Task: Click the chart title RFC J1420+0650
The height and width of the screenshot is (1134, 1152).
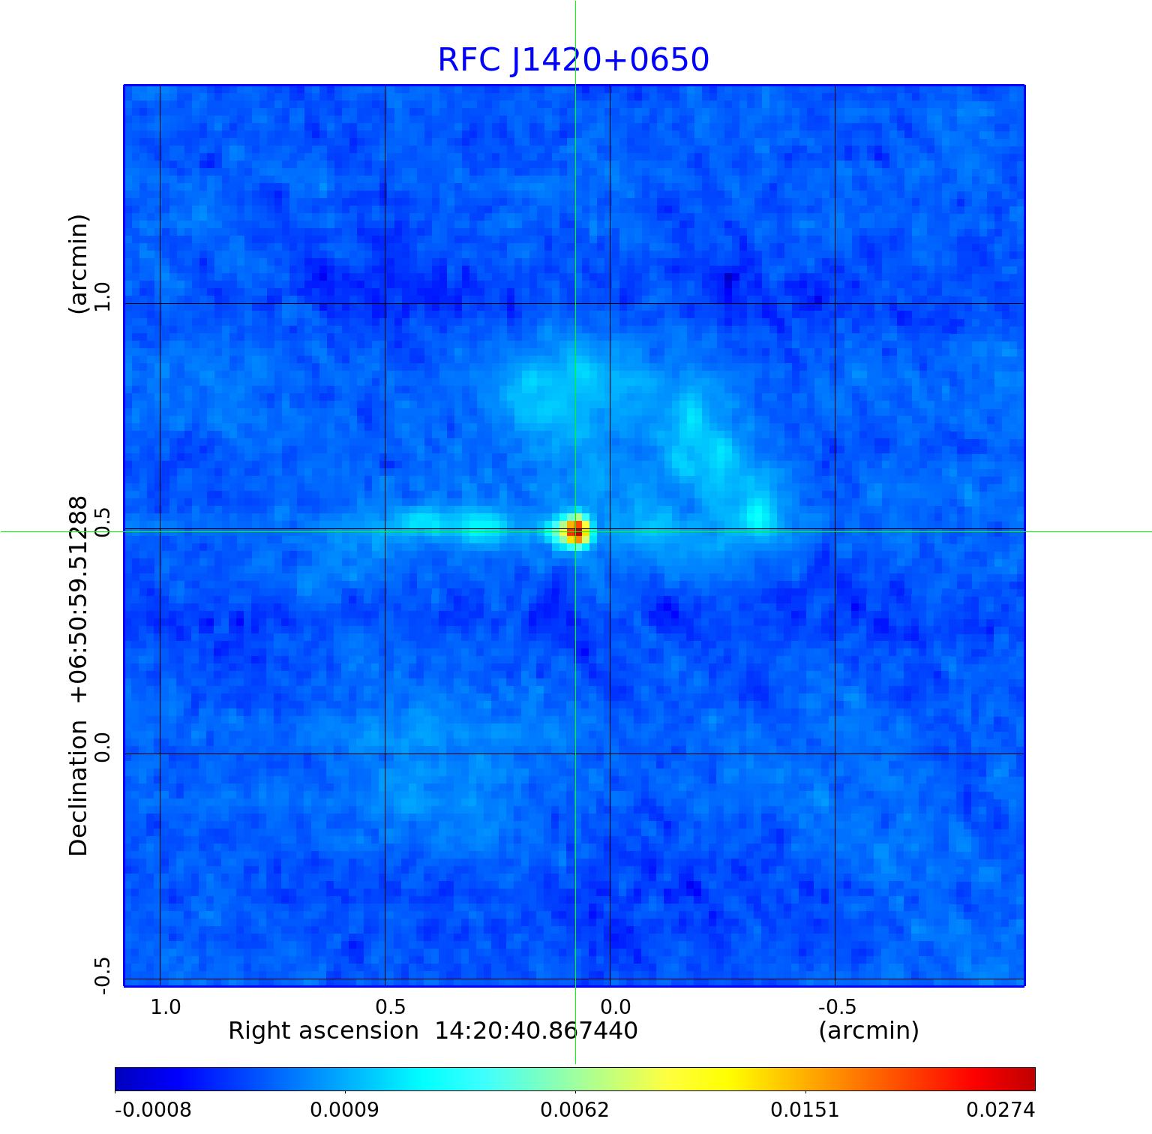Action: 573,60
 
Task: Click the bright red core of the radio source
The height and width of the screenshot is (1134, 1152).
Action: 574,531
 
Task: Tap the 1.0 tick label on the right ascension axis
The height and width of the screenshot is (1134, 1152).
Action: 165,1007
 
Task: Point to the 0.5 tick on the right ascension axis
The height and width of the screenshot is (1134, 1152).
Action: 390,1007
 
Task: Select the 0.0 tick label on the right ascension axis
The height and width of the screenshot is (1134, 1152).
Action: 615,1007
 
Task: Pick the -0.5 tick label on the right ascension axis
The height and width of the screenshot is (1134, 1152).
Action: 836,1007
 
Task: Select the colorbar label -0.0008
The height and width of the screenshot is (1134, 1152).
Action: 153,1110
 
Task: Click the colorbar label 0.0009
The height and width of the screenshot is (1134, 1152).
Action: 344,1110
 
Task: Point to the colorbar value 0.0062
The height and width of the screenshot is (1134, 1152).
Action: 574,1110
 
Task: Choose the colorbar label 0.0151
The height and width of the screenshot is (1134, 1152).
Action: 805,1110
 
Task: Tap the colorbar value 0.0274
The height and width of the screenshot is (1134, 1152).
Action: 1000,1110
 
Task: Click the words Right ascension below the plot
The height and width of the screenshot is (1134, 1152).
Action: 323,1031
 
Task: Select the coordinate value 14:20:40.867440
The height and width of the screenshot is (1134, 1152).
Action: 536,1031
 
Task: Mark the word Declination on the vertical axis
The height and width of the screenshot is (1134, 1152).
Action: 78,788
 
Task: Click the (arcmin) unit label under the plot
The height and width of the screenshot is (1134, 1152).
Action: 868,1031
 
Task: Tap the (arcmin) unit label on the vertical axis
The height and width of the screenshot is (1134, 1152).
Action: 78,263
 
